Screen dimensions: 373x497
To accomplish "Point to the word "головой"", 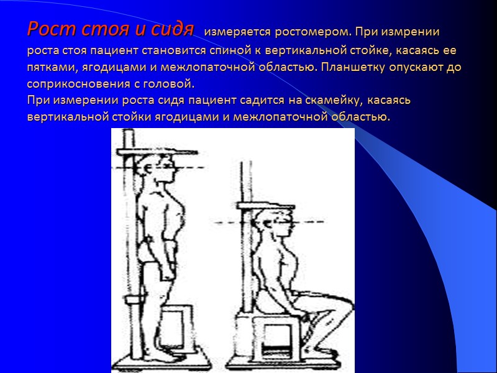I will [x=172, y=83].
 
